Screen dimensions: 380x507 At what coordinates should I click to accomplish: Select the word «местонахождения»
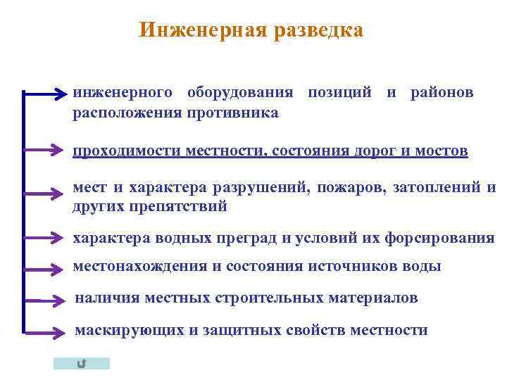(x=139, y=267)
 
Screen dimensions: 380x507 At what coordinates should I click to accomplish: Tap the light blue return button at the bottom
(x=82, y=363)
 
